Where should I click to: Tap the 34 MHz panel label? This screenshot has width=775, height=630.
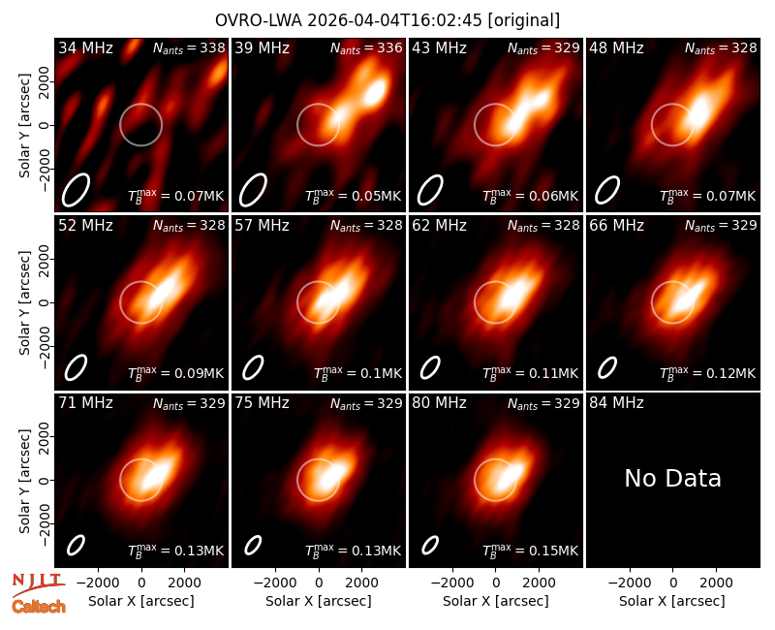tap(85, 47)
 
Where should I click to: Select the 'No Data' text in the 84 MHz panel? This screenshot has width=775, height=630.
tap(672, 478)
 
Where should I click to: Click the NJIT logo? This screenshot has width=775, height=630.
tap(38, 584)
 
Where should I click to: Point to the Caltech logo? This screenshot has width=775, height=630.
tap(39, 607)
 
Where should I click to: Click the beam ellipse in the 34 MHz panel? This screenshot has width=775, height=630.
tap(76, 190)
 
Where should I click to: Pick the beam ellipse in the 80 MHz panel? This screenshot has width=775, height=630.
tap(430, 546)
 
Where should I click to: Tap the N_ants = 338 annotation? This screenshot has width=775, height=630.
tap(189, 47)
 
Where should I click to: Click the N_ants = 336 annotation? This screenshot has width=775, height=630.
tap(366, 47)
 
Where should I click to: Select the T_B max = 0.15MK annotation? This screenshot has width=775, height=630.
tap(530, 550)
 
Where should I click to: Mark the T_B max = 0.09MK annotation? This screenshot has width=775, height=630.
tap(176, 372)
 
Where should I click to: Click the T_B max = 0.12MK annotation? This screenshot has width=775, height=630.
tap(708, 372)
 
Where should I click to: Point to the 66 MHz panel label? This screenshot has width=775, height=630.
tap(616, 226)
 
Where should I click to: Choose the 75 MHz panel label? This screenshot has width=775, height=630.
tap(262, 403)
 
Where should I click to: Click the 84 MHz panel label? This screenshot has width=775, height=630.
tap(616, 403)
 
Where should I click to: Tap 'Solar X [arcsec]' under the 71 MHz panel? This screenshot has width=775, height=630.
tap(141, 601)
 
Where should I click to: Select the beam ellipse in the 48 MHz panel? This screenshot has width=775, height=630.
tap(607, 190)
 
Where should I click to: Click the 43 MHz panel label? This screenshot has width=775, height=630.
tap(439, 47)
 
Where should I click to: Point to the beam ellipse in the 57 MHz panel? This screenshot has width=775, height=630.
tap(253, 368)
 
